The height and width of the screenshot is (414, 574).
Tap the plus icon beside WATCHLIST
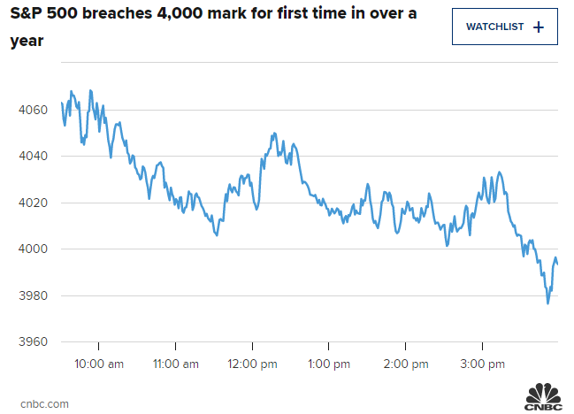pos(540,27)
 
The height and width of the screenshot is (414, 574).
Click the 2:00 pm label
pos(405,364)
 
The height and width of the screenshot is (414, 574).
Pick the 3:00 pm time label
pos(483,364)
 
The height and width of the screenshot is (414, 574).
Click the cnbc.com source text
pos(43,402)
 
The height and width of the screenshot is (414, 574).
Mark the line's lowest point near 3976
pos(547,303)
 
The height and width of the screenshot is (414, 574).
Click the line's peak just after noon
pos(274,134)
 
